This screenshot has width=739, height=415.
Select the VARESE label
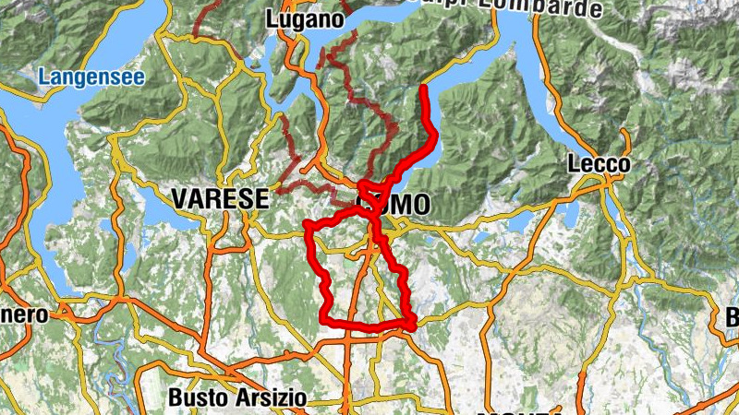tap(219, 197)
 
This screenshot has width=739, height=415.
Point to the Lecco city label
tap(599, 165)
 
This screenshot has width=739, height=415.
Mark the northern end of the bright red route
tap(423, 89)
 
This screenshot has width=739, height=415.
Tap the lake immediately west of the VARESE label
tap(148, 208)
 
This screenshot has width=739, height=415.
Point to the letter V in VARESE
tap(177, 197)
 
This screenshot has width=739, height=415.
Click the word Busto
tap(191, 397)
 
